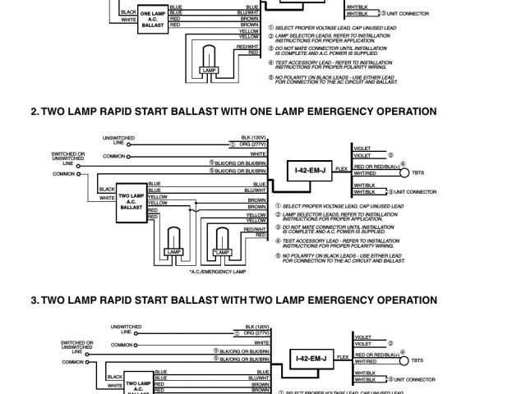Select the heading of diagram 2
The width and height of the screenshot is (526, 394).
(233, 112)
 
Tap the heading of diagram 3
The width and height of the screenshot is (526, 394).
(233, 300)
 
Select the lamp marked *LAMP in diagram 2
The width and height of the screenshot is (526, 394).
(221, 245)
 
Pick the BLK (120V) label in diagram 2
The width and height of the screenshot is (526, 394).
(252, 135)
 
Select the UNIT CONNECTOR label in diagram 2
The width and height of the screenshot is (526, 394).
(416, 191)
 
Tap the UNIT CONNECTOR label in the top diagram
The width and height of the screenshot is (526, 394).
(416, 14)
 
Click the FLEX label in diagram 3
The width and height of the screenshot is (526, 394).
(340, 356)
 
